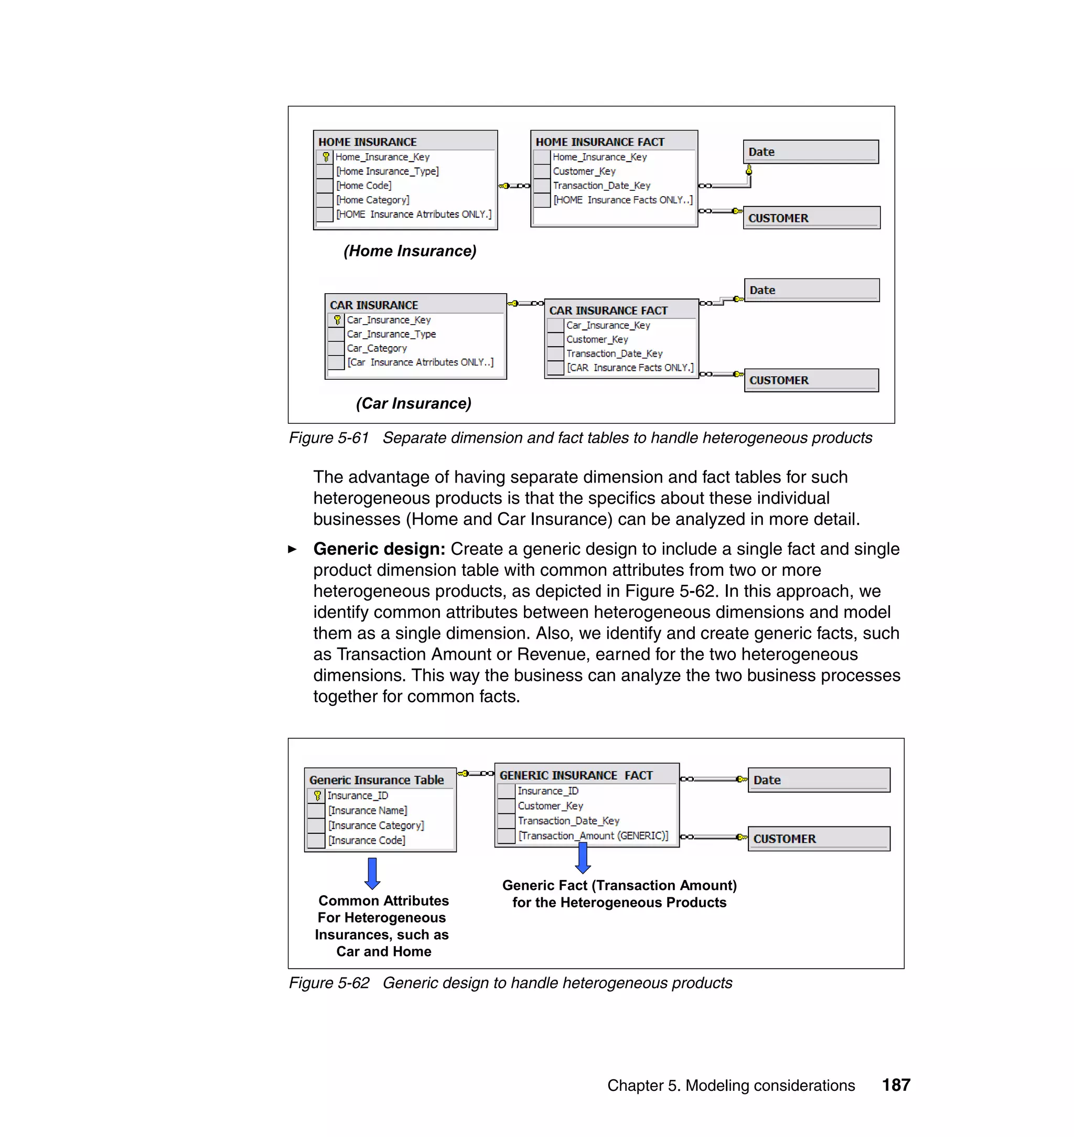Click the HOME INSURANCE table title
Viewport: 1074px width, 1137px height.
pos(367,142)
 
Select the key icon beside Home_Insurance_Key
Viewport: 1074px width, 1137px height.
pos(326,156)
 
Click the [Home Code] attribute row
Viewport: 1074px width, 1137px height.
pos(364,186)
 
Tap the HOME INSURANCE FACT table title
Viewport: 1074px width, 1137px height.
pos(599,142)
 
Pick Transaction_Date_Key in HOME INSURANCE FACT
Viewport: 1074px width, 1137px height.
pos(601,186)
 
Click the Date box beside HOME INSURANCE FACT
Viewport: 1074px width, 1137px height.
pos(810,152)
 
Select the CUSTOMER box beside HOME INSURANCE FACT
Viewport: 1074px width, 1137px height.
pos(811,218)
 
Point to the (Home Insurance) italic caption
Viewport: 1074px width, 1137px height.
pos(410,251)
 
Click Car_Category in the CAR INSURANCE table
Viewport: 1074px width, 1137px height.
pos(377,348)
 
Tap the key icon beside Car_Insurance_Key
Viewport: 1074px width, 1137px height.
pos(337,320)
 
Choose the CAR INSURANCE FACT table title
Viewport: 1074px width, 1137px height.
pos(608,310)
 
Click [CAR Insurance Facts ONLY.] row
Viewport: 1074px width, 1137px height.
pos(630,368)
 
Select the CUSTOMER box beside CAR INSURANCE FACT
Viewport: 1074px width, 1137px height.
pos(811,380)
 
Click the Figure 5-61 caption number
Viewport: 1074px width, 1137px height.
pos(329,438)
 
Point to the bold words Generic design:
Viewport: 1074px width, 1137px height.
pos(379,549)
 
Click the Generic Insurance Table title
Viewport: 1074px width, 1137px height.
pos(376,780)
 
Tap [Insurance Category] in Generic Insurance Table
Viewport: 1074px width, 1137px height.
pos(375,825)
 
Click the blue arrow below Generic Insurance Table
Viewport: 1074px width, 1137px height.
pos(372,873)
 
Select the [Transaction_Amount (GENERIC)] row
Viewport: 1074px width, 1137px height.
pos(593,836)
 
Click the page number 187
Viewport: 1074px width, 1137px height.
pos(896,1085)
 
